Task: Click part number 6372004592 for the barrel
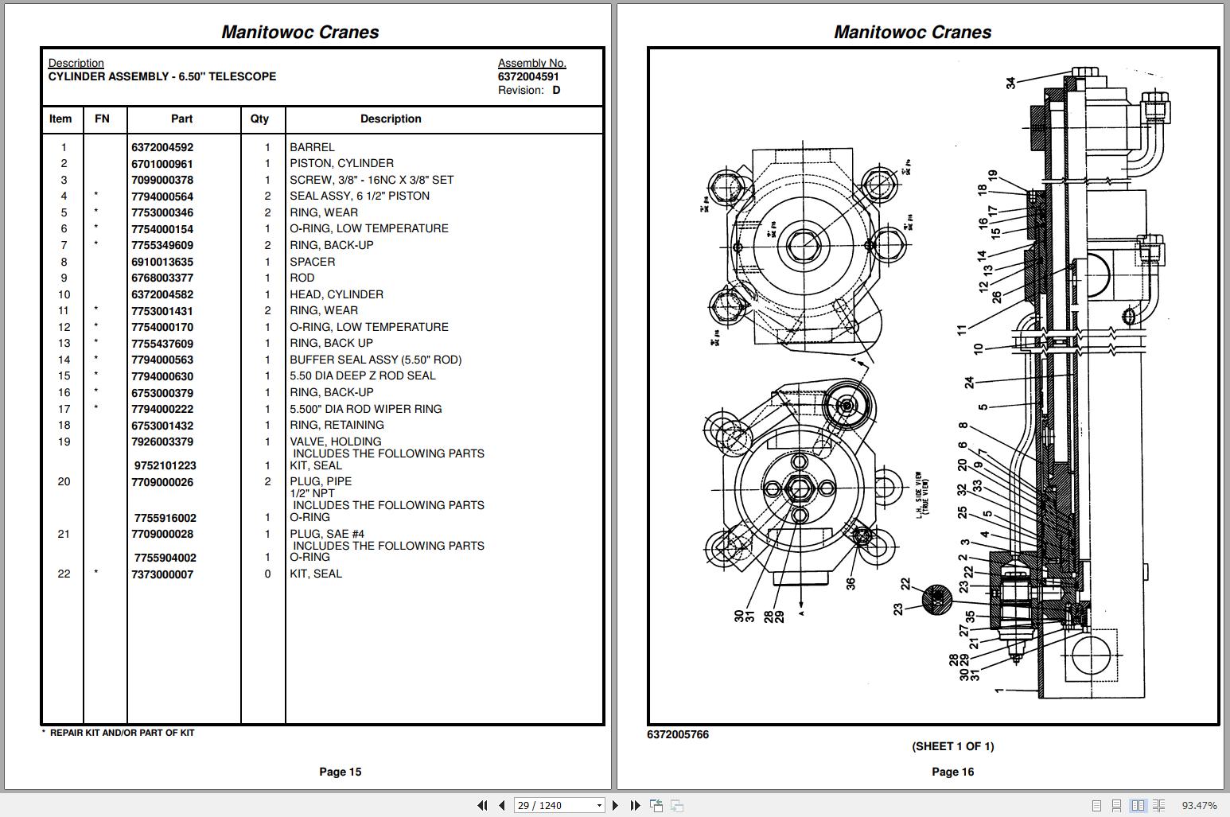pyautogui.click(x=162, y=147)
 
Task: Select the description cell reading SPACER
pyautogui.click(x=313, y=262)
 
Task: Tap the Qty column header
pyautogui.click(x=259, y=119)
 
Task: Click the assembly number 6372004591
pyautogui.click(x=528, y=76)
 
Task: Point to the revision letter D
pyautogui.click(x=556, y=90)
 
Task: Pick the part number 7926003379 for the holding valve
pyautogui.click(x=162, y=442)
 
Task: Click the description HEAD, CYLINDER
pyautogui.click(x=337, y=294)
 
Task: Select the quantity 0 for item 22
pyautogui.click(x=267, y=574)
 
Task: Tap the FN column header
pyautogui.click(x=102, y=119)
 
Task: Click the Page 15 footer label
pyautogui.click(x=340, y=772)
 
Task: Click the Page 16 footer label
pyautogui.click(x=952, y=772)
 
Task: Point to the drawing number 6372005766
pyautogui.click(x=678, y=734)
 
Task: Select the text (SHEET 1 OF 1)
pyautogui.click(x=952, y=746)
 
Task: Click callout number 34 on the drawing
pyautogui.click(x=1010, y=83)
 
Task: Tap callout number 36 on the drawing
pyautogui.click(x=850, y=583)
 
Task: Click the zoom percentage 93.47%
pyautogui.click(x=1199, y=806)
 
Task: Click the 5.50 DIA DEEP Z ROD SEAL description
pyautogui.click(x=363, y=375)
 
